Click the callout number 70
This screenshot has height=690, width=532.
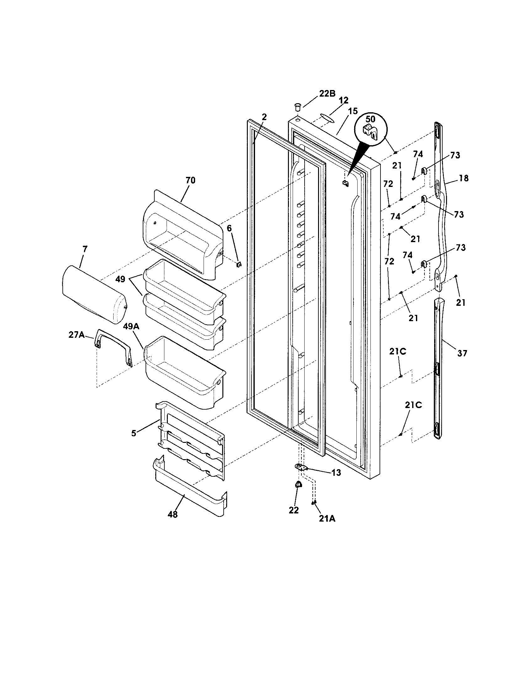[x=190, y=180]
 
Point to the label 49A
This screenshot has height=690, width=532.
[x=131, y=327]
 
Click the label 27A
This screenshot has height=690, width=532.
[x=77, y=335]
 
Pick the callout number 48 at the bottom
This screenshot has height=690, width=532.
[x=173, y=514]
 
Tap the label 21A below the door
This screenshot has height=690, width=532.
[x=327, y=518]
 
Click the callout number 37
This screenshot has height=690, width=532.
[x=462, y=353]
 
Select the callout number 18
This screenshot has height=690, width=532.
[x=463, y=178]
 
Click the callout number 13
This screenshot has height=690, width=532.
[x=336, y=473]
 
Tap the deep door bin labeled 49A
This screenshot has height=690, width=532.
[x=185, y=373]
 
